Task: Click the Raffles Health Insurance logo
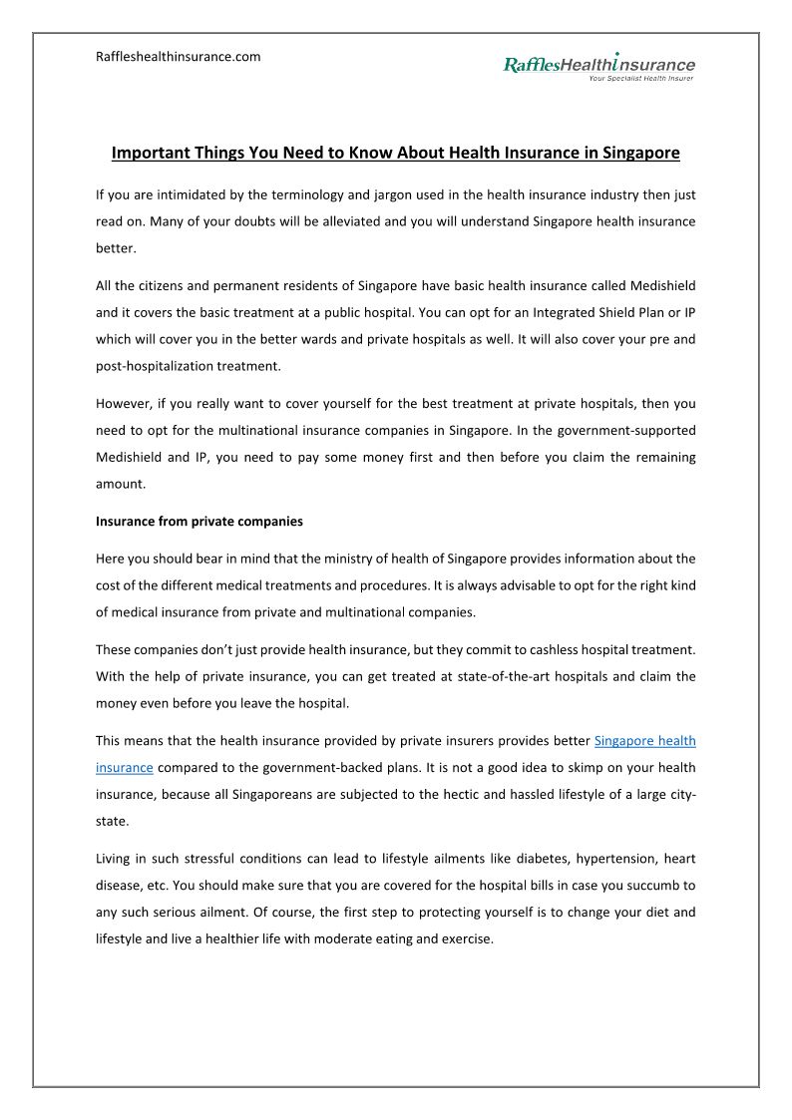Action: (x=598, y=65)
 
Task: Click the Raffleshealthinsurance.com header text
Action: (x=178, y=57)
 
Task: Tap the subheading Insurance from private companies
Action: (x=199, y=521)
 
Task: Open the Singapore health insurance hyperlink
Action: (x=644, y=741)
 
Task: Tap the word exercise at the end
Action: (x=468, y=938)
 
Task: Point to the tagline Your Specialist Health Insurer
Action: (x=641, y=78)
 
